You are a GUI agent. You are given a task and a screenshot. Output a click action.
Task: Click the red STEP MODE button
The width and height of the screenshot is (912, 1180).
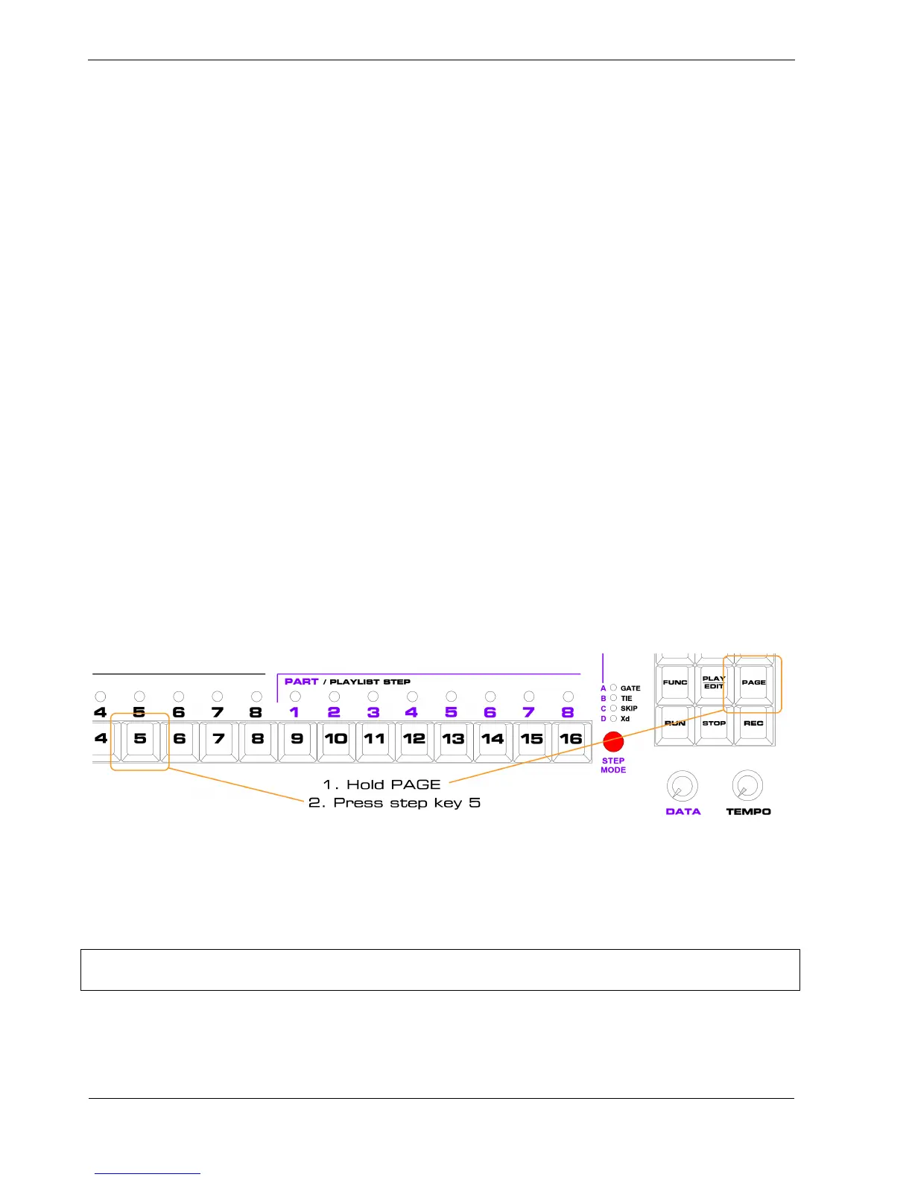[x=613, y=742]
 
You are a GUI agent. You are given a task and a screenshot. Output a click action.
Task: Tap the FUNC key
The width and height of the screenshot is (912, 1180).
[x=675, y=682]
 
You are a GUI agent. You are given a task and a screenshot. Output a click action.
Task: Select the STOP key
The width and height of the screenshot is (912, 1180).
[x=714, y=723]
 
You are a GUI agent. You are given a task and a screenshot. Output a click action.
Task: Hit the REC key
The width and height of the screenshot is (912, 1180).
[x=753, y=723]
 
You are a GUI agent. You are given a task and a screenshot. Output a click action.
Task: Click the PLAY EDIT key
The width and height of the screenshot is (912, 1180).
[x=714, y=682]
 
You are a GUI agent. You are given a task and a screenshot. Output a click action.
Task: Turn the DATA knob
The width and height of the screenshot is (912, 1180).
[x=682, y=786]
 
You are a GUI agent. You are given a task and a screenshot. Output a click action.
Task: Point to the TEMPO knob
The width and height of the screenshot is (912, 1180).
[x=747, y=786]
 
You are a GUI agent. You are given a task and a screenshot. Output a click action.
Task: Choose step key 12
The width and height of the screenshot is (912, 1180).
[x=414, y=739]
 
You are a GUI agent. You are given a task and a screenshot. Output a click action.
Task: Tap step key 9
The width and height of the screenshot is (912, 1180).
[x=297, y=739]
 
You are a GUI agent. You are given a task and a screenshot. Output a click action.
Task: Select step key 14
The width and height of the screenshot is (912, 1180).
[x=492, y=739]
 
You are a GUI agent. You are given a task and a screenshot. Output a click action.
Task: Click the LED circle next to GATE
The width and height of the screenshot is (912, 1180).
[x=614, y=688]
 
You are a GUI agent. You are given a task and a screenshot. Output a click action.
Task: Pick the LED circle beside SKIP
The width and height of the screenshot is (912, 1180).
[x=614, y=708]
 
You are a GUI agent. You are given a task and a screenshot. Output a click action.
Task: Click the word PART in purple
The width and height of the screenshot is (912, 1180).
[x=301, y=682]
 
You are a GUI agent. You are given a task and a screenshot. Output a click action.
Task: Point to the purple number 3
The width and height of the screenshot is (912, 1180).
[x=373, y=712]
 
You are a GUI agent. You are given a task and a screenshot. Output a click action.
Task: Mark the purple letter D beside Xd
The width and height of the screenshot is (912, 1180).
[x=604, y=719]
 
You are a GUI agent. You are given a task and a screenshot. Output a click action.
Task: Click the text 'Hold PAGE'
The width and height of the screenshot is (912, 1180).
[x=393, y=784]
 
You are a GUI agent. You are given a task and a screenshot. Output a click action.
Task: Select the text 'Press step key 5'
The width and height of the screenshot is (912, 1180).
[x=406, y=803]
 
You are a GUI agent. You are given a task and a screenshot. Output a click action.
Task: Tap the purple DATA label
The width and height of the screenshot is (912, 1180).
[x=683, y=811]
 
